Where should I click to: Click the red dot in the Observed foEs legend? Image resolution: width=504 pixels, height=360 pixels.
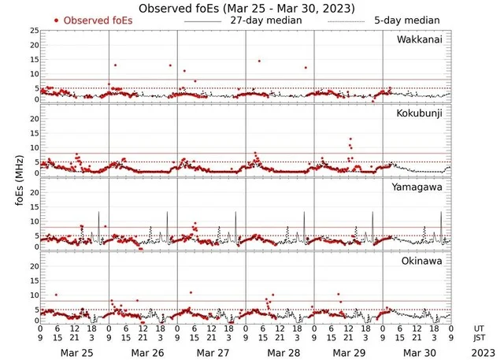coord(57,20)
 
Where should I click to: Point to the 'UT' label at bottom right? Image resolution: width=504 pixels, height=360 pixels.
coord(479,328)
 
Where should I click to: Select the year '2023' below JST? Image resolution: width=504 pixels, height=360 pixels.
coord(479,354)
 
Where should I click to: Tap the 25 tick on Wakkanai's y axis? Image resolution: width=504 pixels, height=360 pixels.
coord(33,31)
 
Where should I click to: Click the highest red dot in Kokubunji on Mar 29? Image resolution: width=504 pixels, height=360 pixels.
coord(350,139)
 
